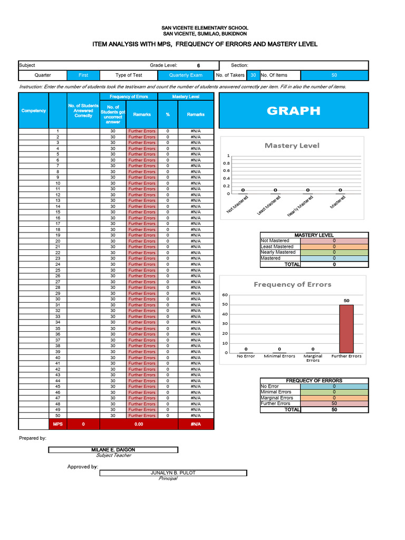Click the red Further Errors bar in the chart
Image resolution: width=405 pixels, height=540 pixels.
[346, 329]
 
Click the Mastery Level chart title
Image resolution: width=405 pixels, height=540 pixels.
[292, 146]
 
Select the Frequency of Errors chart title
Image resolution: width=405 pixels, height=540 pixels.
[292, 284]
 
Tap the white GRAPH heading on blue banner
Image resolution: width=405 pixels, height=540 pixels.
[293, 111]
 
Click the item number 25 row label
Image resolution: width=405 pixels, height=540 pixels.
[57, 270]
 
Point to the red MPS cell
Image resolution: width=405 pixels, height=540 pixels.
[57, 424]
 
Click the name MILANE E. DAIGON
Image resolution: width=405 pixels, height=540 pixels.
[113, 450]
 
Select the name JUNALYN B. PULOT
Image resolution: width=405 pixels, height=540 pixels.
[173, 473]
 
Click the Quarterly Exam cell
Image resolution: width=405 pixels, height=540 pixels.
[186, 75]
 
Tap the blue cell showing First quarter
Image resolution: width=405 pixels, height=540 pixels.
[83, 75]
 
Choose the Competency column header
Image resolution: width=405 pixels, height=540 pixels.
[34, 111]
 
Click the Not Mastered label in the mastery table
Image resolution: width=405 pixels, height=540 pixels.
[275, 240]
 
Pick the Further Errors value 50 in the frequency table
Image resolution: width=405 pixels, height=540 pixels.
[334, 403]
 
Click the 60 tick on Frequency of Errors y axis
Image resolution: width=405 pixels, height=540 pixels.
[225, 295]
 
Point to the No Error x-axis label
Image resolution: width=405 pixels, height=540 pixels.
[246, 356]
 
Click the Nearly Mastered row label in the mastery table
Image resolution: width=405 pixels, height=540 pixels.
[278, 253]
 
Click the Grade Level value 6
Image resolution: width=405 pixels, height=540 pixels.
[198, 65]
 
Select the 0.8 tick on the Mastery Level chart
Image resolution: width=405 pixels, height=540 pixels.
[226, 163]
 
